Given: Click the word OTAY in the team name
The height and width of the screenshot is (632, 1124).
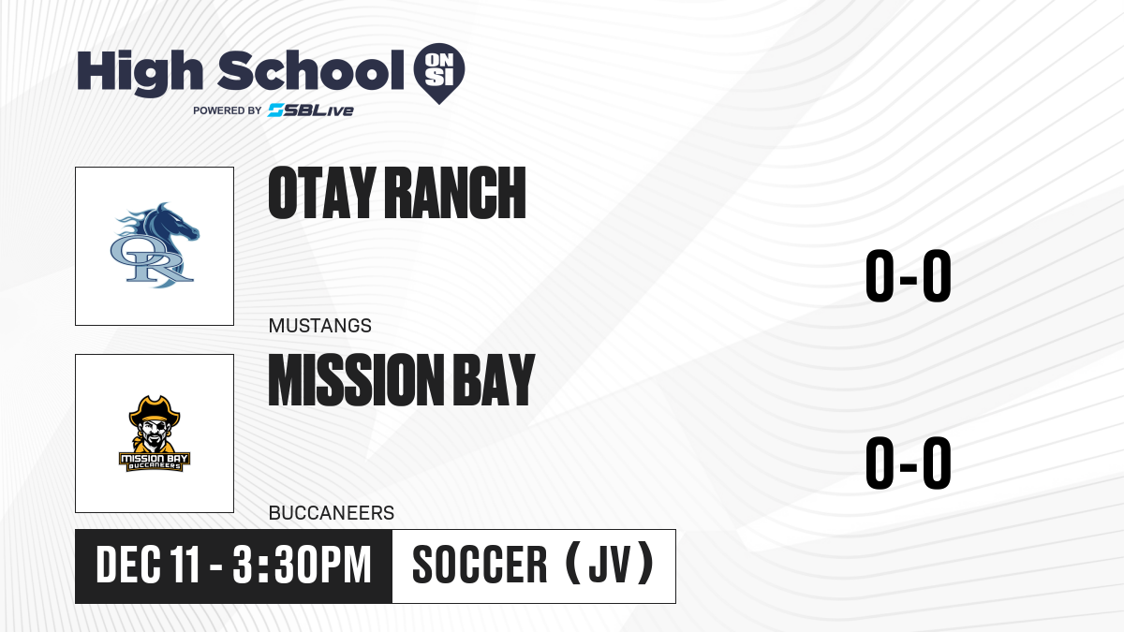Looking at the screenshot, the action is click(322, 193).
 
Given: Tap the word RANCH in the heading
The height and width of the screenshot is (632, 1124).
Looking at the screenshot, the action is click(455, 193).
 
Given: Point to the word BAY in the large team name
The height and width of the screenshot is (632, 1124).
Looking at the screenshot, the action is click(494, 380).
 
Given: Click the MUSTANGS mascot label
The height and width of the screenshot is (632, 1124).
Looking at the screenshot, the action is click(320, 326).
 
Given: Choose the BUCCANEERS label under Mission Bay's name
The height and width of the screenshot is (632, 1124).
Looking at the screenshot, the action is click(332, 513).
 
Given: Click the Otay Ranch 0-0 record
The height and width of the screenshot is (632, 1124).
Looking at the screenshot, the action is click(909, 276).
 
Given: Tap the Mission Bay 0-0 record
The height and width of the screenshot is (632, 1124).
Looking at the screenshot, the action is click(909, 463).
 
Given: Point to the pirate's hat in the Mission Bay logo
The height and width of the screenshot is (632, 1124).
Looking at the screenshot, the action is click(155, 409).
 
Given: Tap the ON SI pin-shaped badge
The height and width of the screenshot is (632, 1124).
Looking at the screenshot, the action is click(439, 73).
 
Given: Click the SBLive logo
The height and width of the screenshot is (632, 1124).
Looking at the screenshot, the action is click(311, 110).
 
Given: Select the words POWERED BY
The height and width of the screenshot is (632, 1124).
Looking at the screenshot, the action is click(228, 110).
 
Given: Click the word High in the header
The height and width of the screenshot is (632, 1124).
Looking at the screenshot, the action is click(140, 72).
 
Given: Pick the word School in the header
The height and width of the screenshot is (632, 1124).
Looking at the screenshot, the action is click(311, 70).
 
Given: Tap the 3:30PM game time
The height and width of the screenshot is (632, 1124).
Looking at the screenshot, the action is click(302, 566).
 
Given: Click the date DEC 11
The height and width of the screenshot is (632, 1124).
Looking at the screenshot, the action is click(148, 566).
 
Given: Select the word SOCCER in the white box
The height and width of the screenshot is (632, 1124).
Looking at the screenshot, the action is click(480, 566).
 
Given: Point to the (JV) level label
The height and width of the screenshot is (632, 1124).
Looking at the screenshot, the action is click(610, 565).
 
